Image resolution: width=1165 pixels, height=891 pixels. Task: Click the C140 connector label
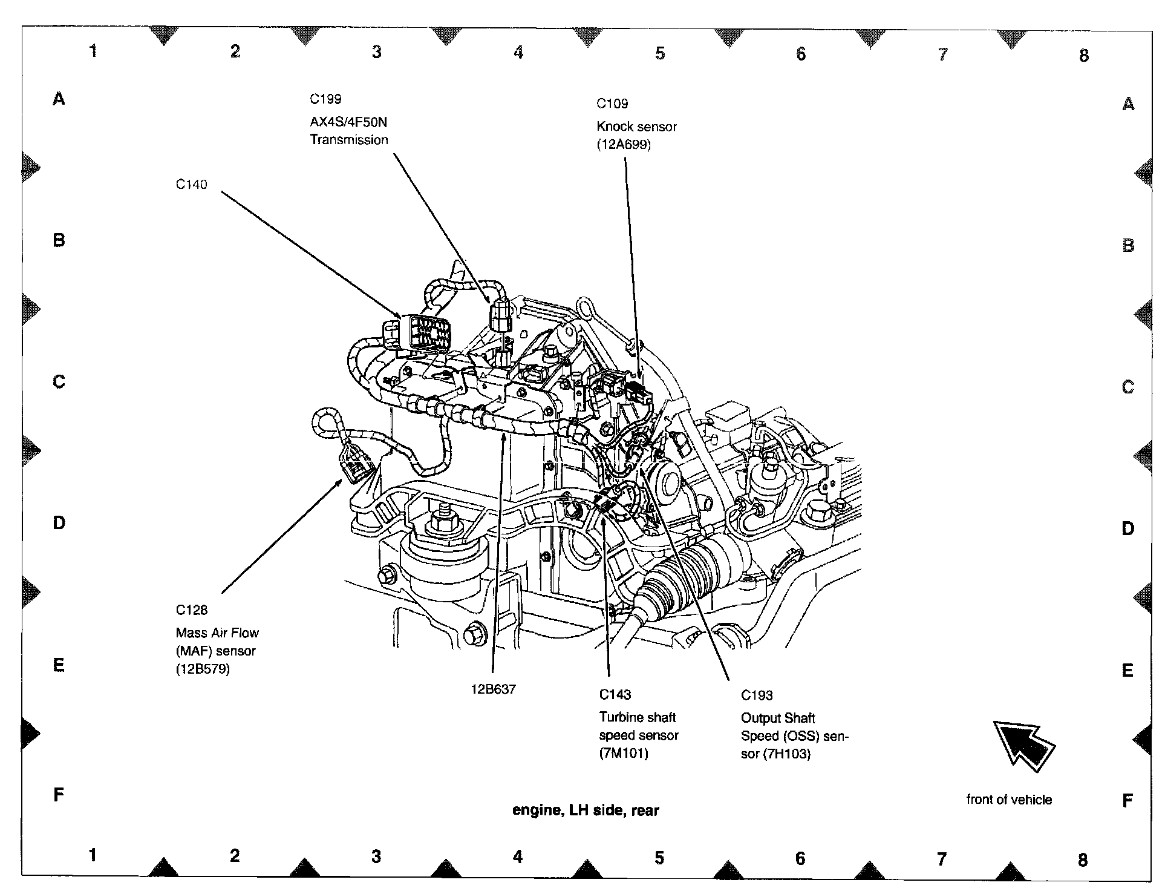191,185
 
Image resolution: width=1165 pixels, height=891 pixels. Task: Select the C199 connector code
325,99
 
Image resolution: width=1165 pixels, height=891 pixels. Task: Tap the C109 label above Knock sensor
612,104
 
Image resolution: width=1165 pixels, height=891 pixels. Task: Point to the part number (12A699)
624,145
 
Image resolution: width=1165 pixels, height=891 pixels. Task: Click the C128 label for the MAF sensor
192,610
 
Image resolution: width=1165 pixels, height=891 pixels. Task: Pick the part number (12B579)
203,669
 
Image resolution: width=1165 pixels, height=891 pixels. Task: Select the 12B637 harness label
493,689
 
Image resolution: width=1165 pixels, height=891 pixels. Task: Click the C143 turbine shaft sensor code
615,694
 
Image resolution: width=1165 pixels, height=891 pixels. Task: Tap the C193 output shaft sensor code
757,695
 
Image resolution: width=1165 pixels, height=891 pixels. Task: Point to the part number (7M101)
624,754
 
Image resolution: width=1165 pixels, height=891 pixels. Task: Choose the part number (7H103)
786,754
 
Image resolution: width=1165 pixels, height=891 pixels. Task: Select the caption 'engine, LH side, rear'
586,810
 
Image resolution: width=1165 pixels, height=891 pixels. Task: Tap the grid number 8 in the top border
1084,56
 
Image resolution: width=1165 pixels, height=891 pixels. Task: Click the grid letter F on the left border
59,794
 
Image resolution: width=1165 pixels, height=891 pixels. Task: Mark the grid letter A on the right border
1128,105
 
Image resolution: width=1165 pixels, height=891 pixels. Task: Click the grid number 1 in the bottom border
93,855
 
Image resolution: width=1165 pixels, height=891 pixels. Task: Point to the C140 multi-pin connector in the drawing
419,332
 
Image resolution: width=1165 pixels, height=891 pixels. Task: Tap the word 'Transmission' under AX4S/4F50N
349,140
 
